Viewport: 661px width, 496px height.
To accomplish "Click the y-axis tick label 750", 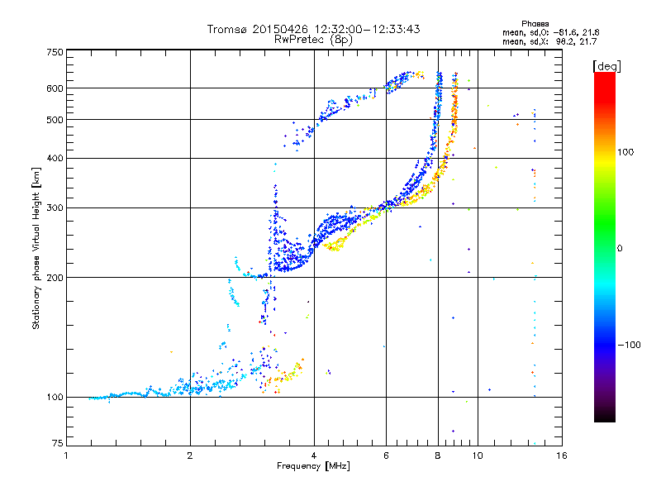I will (55, 52).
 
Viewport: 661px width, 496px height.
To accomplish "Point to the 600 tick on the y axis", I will (55, 88).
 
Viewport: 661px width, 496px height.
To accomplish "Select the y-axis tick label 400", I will (55, 158).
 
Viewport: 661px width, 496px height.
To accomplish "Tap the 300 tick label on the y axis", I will (55, 207).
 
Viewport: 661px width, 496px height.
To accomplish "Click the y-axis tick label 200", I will (55, 277).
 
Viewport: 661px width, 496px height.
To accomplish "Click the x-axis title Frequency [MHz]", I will (314, 466).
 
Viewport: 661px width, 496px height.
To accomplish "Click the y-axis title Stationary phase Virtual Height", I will (36, 248).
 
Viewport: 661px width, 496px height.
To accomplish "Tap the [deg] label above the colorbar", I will (606, 65).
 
